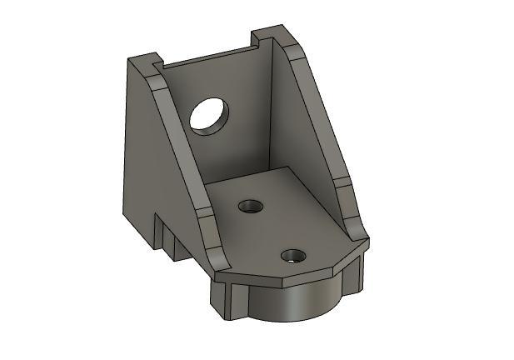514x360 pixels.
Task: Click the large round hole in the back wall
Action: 208,115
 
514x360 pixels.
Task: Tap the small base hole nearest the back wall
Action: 248,206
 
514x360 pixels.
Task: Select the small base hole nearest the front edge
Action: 292,256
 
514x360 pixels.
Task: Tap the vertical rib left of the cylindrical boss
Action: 229,300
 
